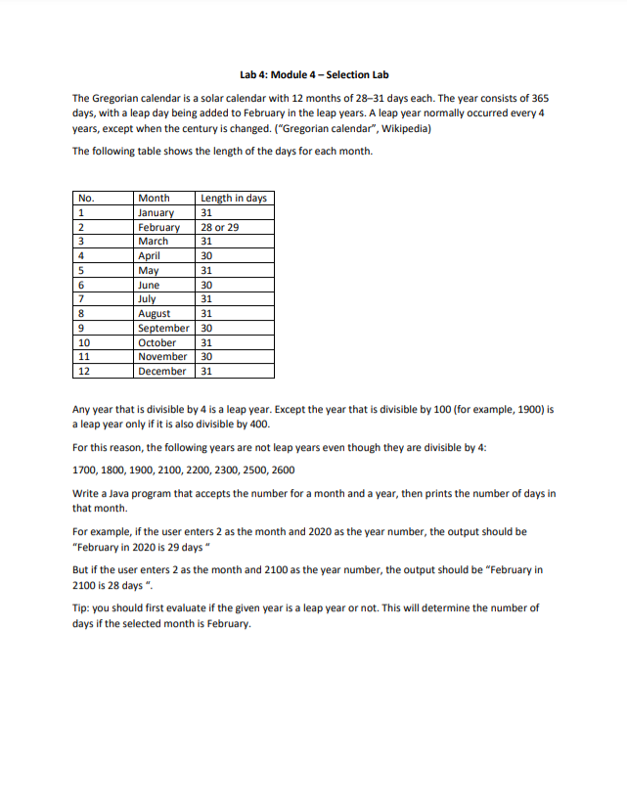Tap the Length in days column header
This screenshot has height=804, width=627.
(x=233, y=198)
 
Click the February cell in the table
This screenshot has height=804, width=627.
(x=158, y=227)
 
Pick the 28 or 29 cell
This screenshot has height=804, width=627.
(x=219, y=227)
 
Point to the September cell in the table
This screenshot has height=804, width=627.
(x=164, y=329)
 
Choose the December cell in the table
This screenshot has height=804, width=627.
(x=162, y=372)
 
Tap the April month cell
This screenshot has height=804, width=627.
(x=150, y=255)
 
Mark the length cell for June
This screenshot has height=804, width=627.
(x=206, y=285)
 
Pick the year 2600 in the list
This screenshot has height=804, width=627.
(x=279, y=469)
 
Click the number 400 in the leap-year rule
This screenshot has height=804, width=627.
(x=264, y=424)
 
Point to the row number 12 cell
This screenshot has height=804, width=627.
(x=85, y=372)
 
